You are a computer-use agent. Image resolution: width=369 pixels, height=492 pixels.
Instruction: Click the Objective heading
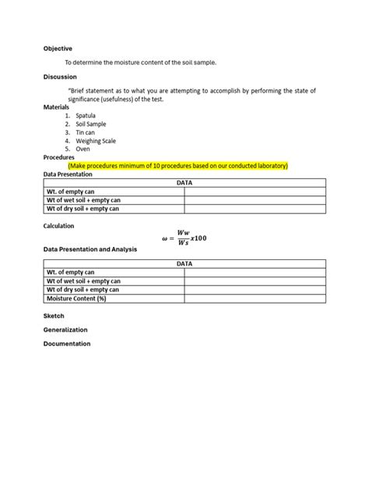click(58, 48)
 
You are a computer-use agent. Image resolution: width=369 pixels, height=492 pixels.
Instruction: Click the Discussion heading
click(61, 77)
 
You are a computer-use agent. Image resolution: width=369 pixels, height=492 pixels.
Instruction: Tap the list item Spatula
click(86, 115)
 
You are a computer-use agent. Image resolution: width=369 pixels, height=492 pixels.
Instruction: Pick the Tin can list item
click(86, 132)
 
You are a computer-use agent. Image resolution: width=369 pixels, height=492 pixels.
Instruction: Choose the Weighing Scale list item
click(96, 141)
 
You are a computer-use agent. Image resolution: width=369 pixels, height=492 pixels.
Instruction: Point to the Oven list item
click(83, 149)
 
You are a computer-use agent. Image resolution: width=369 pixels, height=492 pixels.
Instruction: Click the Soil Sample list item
click(91, 124)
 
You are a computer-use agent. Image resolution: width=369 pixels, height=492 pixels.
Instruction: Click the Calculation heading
click(59, 226)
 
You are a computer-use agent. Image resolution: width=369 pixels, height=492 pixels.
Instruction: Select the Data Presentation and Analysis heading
click(90, 249)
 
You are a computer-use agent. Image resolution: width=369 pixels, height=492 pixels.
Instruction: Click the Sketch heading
click(54, 316)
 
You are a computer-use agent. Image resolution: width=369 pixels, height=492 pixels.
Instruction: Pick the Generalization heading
click(65, 330)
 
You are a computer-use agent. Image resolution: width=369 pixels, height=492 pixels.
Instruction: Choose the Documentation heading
click(67, 343)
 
